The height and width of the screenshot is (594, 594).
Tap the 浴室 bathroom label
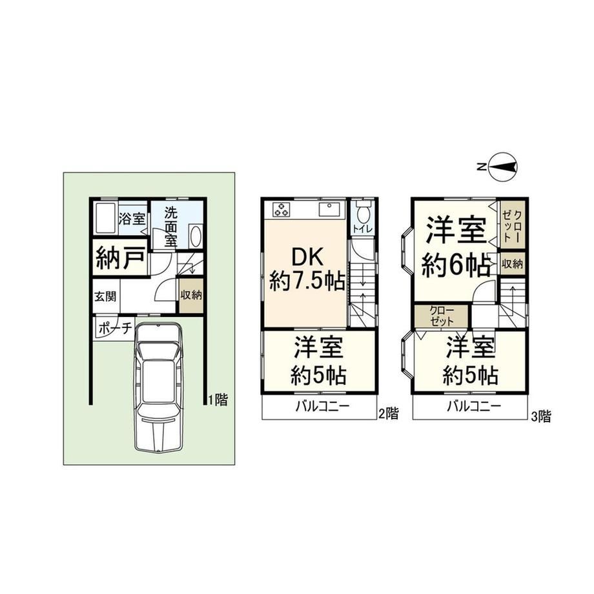pyautogui.click(x=132, y=219)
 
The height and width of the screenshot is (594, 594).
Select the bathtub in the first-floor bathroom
pyautogui.click(x=105, y=218)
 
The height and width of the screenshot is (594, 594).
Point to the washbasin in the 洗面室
pyautogui.click(x=196, y=236)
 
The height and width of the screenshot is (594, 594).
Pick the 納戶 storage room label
pyautogui.click(x=120, y=258)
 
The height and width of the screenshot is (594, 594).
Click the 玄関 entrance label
pyautogui.click(x=105, y=296)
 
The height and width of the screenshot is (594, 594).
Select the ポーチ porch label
pyautogui.click(x=115, y=328)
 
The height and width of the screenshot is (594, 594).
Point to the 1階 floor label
pyautogui.click(x=219, y=399)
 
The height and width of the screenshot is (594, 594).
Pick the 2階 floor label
pyautogui.click(x=389, y=413)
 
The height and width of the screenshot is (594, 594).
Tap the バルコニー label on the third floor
pyautogui.click(x=474, y=407)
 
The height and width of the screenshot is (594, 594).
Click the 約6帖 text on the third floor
pyautogui.click(x=456, y=266)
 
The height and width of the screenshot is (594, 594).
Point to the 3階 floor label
pyautogui.click(x=541, y=416)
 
